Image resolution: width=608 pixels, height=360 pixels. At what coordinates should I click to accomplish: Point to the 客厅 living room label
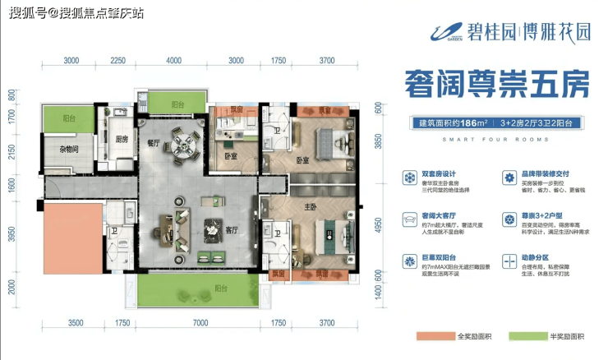click(x=232, y=231)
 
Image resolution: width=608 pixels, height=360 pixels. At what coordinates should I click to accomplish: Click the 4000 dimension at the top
click(x=173, y=60)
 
